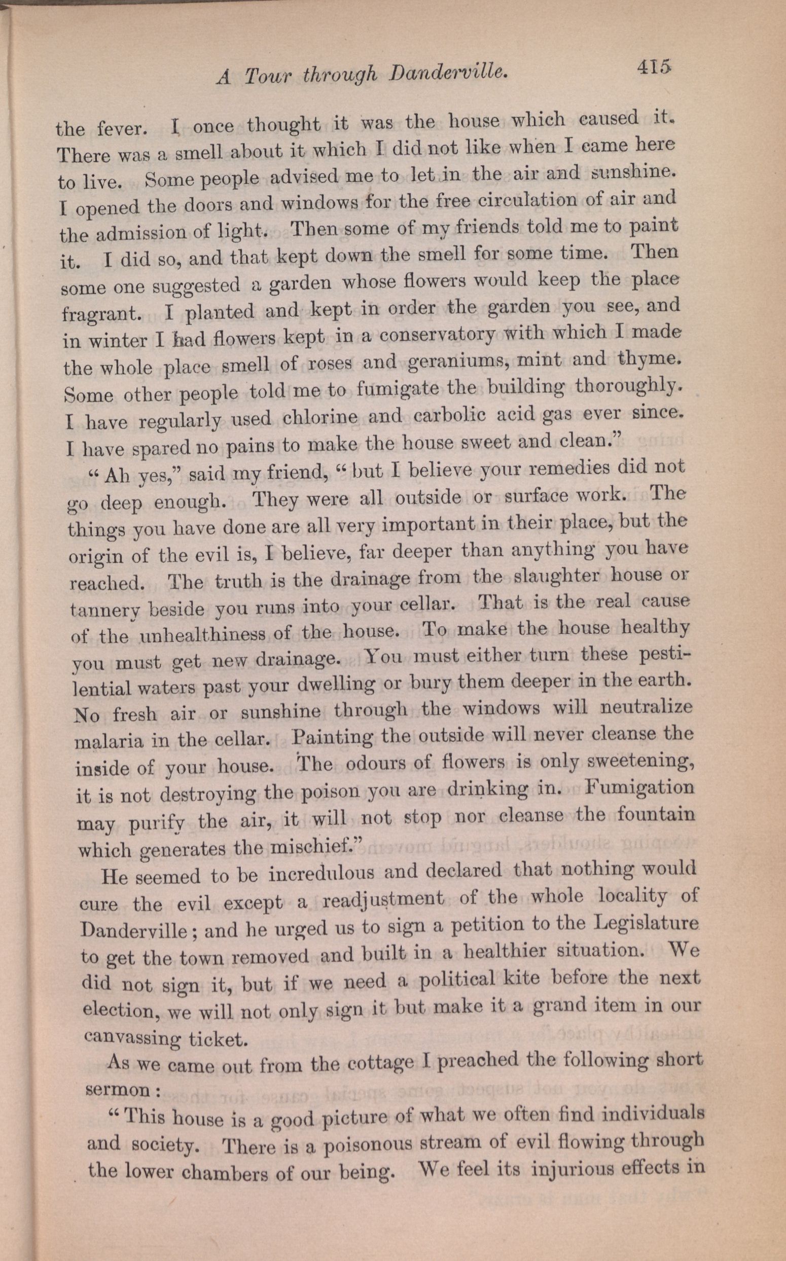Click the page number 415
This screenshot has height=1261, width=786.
(x=652, y=67)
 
